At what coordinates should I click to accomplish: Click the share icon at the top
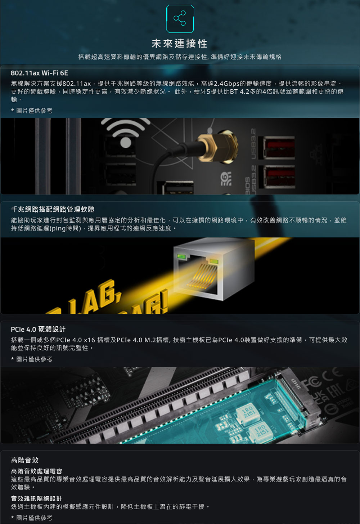pyautogui.click(x=180, y=18)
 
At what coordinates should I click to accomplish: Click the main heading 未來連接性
pyautogui.click(x=180, y=44)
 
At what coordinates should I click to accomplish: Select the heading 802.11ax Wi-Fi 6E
pyautogui.click(x=39, y=73)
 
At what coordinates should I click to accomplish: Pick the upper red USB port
pyautogui.click(x=279, y=148)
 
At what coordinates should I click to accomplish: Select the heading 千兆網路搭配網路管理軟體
pyautogui.click(x=53, y=209)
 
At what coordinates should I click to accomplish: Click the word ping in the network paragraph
pyautogui.click(x=58, y=228)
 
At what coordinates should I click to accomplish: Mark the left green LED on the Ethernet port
pyautogui.click(x=182, y=257)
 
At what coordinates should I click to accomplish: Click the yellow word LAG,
pyautogui.click(x=95, y=297)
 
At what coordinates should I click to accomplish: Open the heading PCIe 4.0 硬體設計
pyautogui.click(x=38, y=330)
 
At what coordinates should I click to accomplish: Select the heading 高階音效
pyautogui.click(x=25, y=460)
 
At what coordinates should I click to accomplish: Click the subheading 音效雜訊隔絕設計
pyautogui.click(x=36, y=499)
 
